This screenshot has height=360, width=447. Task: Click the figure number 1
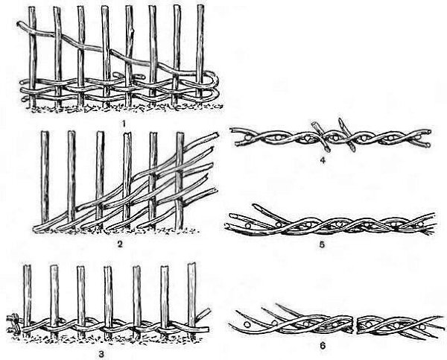124,124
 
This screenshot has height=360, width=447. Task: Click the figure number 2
120,244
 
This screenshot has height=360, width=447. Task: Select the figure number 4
323,160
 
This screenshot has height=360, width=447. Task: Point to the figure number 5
322,244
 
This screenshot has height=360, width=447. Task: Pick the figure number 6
323,346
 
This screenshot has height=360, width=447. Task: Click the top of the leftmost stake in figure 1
31,7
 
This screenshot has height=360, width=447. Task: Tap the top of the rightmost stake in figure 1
200,6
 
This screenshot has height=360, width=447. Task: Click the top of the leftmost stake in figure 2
45,132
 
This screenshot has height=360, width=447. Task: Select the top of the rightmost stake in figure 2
180,133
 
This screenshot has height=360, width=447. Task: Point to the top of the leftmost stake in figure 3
27,266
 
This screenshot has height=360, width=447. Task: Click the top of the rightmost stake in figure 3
191,264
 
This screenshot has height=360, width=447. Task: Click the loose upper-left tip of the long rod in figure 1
19,23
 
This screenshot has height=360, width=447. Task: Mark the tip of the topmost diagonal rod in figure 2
217,135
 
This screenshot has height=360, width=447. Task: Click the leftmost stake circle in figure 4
248,137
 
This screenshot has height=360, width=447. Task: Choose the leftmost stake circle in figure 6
247,324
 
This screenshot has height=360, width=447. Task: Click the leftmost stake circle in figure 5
249,225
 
